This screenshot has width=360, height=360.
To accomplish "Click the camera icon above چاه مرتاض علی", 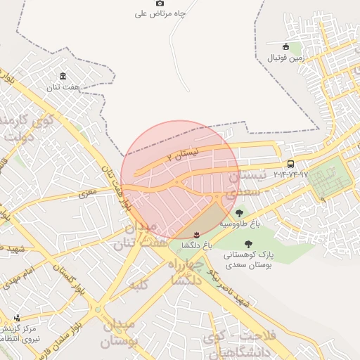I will point(160,3).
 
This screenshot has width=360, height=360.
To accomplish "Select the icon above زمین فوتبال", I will point(285,46).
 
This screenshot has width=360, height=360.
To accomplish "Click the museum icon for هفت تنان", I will point(63,76).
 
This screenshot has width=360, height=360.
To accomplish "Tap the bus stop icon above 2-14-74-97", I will point(290,163).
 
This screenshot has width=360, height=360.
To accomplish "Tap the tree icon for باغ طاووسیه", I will point(240,212).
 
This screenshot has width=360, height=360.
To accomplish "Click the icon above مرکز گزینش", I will point(17,318).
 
